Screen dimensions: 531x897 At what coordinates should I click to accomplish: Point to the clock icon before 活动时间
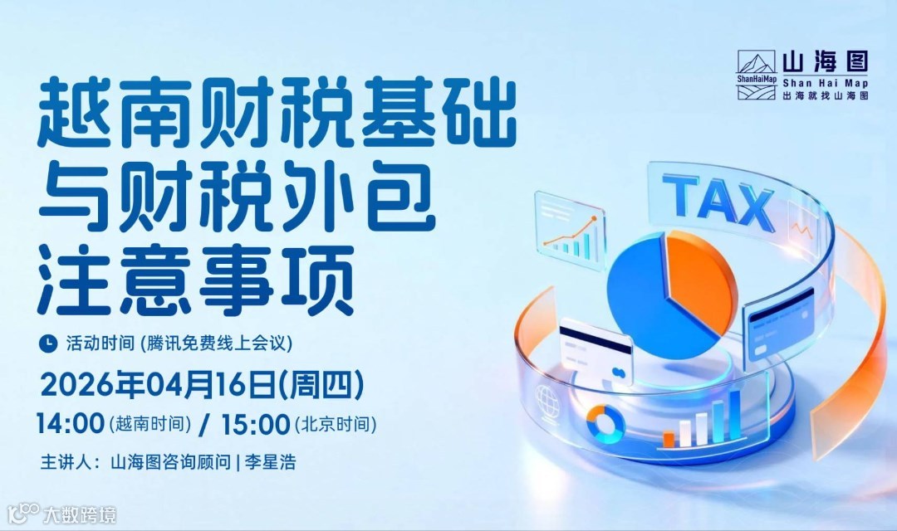(49, 342)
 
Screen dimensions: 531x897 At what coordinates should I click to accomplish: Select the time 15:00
(256, 424)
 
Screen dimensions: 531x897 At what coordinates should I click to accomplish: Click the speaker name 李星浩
(270, 462)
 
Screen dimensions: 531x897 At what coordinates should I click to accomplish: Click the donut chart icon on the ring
(605, 422)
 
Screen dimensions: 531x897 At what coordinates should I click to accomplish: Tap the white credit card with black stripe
(596, 349)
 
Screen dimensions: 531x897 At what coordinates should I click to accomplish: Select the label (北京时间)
(335, 426)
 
